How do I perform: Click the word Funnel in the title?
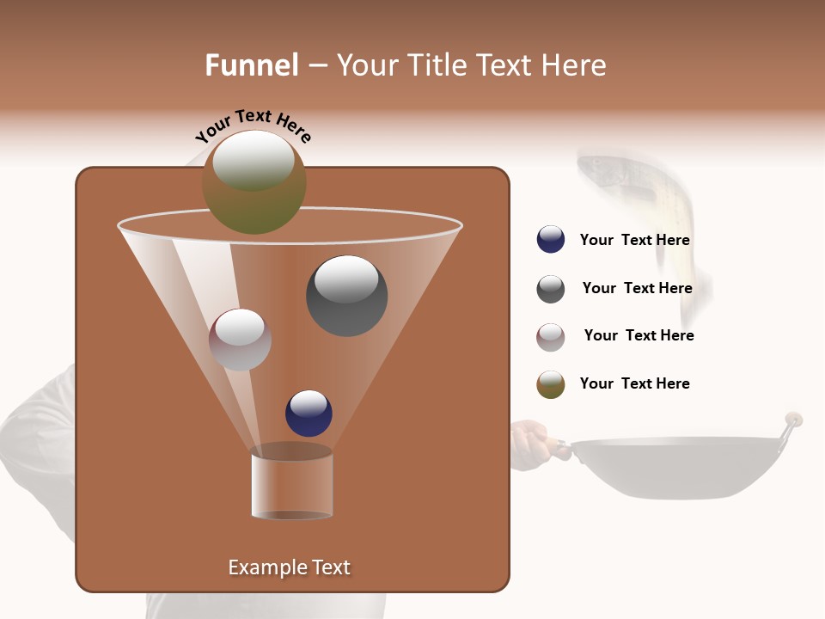251,65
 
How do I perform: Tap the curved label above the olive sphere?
253,126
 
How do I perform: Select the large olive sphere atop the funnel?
254,182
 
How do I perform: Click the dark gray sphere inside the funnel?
347,295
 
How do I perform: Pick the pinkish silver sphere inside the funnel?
240,340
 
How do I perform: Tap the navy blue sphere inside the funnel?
309,413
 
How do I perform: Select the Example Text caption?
289,567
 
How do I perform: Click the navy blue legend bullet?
551,239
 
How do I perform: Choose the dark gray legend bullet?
551,289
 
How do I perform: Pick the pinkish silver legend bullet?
551,337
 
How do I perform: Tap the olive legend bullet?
551,384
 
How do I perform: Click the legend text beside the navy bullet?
634,240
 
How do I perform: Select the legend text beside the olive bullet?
634,383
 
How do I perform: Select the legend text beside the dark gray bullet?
637,288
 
